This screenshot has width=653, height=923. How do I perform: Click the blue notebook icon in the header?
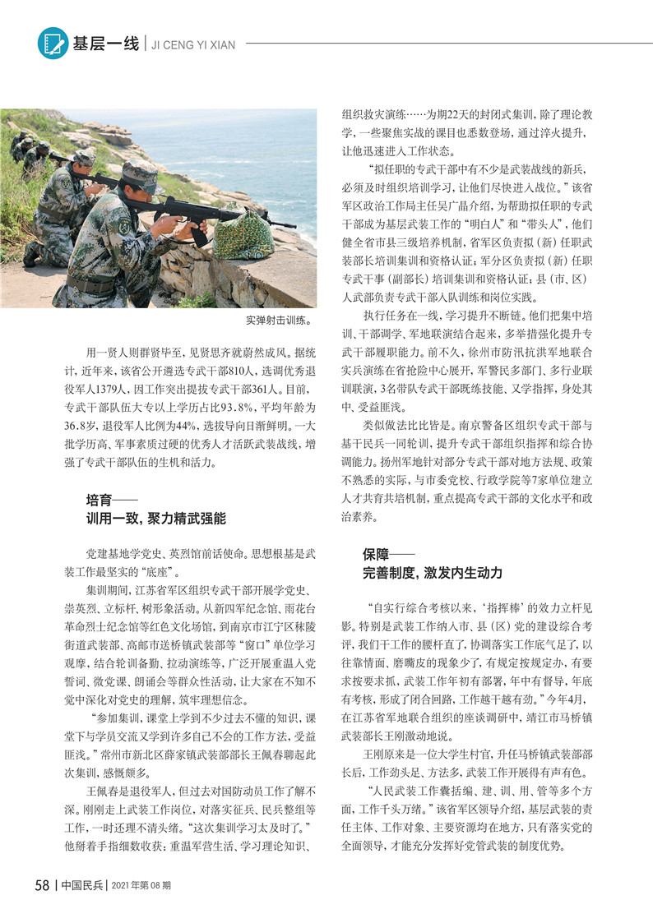pyautogui.click(x=53, y=43)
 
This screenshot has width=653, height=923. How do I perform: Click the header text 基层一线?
pyautogui.click(x=105, y=44)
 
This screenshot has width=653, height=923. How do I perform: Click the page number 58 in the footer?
pyautogui.click(x=43, y=885)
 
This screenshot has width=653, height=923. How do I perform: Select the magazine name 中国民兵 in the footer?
pyautogui.click(x=83, y=885)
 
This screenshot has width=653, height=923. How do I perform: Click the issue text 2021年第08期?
pyautogui.click(x=146, y=885)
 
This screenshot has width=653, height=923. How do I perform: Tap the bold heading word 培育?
pyautogui.click(x=100, y=500)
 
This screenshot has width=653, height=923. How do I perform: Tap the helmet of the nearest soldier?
pyautogui.click(x=141, y=173)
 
